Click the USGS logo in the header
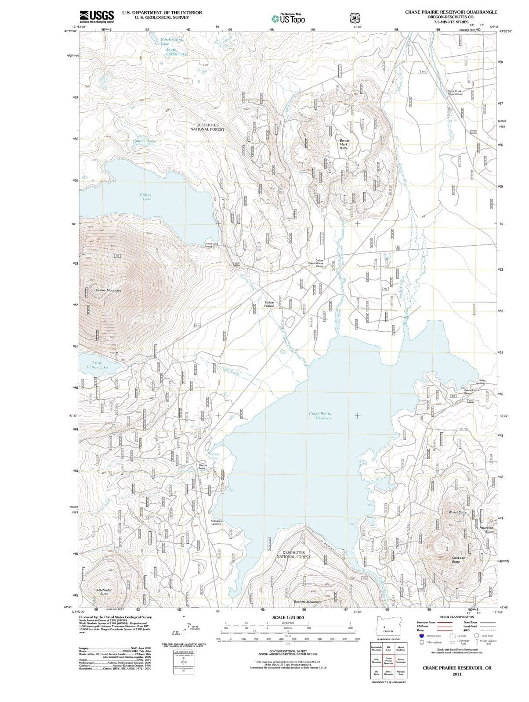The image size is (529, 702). pyautogui.click(x=97, y=17)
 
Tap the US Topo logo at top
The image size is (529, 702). pyautogui.click(x=288, y=18)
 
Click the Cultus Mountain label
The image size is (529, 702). pyautogui.click(x=108, y=290)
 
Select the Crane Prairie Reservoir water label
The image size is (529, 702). pyautogui.click(x=321, y=416)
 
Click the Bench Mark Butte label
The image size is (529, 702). pyautogui.click(x=344, y=144)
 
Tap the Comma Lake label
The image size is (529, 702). pyautogui.click(x=145, y=141)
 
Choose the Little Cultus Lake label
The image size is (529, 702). pyautogui.click(x=97, y=365)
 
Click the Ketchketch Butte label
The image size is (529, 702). pyautogui.click(x=104, y=592)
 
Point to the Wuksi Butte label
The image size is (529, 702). pyautogui.click(x=457, y=512)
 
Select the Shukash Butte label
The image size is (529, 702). pyautogui.click(x=458, y=560)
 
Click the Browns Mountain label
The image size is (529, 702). pyautogui.click(x=307, y=602)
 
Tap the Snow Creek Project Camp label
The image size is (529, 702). pyautogui.click(x=455, y=93)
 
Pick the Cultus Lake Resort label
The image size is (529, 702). pyautogui.click(x=211, y=245)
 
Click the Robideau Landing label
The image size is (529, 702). pyautogui.click(x=216, y=523)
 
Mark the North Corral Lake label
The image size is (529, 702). pyautogui.click(x=171, y=42)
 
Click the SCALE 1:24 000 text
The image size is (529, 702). pyautogui.click(x=288, y=618)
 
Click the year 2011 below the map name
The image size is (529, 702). pyautogui.click(x=457, y=674)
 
